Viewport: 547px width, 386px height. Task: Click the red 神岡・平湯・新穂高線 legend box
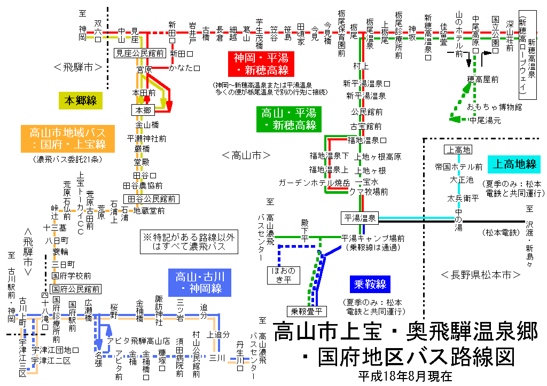pyautogui.click(x=260, y=64)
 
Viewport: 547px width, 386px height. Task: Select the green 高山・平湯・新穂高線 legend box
pyautogui.click(x=288, y=119)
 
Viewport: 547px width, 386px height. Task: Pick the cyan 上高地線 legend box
pyautogui.click(x=514, y=164)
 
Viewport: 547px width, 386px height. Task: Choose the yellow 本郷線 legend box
pyautogui.click(x=80, y=100)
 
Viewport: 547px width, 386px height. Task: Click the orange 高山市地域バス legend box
pyautogui.click(x=68, y=138)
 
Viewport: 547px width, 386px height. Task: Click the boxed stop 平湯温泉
pyautogui.click(x=360, y=218)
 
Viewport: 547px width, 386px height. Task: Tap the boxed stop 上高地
pyautogui.click(x=459, y=150)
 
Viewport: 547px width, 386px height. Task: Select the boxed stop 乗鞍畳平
pyautogui.click(x=305, y=310)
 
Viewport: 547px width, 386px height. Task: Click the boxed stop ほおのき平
pyautogui.click(x=284, y=274)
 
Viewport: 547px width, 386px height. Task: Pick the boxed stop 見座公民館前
pyautogui.click(x=140, y=53)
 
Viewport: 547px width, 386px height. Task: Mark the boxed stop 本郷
pyautogui.click(x=143, y=109)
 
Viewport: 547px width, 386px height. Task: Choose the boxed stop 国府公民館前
pyautogui.click(x=75, y=289)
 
